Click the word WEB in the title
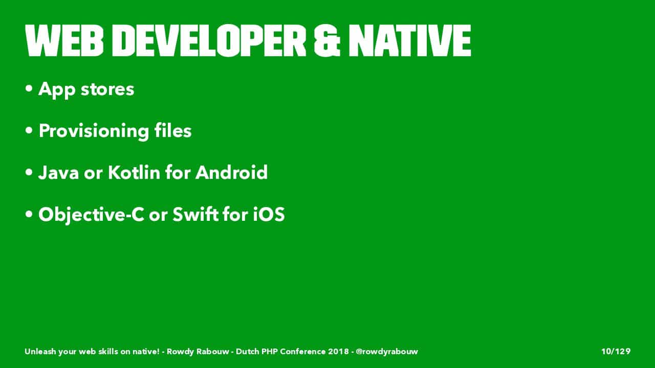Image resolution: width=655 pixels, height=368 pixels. tap(64, 40)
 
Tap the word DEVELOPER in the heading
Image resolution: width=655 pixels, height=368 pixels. tap(213, 40)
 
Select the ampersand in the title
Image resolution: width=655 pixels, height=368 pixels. tap(327, 40)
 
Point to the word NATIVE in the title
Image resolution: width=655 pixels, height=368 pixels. tap(410, 40)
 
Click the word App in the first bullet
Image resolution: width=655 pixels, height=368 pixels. tap(57, 90)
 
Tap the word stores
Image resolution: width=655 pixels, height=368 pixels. tap(107, 89)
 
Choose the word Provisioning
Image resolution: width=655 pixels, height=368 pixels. tap(94, 131)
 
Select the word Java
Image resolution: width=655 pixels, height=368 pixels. tap(58, 173)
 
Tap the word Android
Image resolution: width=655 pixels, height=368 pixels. tap(232, 172)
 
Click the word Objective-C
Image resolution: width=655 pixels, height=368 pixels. tap(91, 215)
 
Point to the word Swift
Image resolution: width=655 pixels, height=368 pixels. tap(195, 214)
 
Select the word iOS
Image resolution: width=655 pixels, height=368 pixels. tap(269, 214)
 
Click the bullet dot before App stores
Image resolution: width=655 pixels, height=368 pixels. tap(29, 88)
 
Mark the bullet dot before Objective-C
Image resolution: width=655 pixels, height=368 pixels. tap(29, 214)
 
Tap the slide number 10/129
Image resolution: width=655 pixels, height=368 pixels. tap(616, 351)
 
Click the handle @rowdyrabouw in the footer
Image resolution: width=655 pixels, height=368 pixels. tap(387, 352)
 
